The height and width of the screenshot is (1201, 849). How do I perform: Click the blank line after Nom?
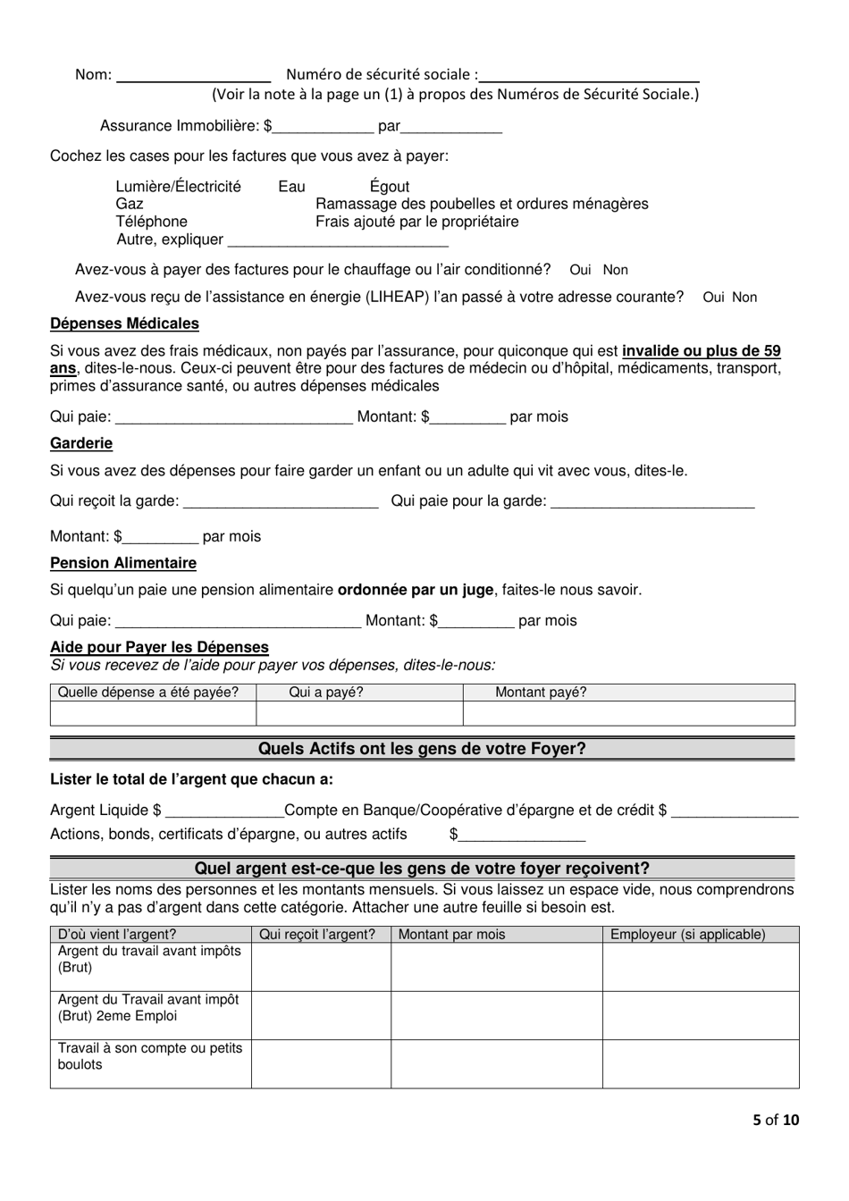tap(194, 77)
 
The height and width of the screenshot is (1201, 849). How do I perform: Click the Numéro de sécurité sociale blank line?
tap(589, 77)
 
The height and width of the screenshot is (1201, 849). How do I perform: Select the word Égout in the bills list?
tap(390, 187)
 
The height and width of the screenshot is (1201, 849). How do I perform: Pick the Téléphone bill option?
tap(151, 222)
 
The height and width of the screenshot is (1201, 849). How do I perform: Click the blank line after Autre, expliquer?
tap(338, 241)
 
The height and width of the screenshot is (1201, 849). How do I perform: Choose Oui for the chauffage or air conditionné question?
tap(580, 270)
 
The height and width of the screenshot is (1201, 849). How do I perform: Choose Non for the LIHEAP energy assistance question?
tap(744, 298)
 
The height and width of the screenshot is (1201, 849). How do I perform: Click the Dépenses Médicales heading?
tap(124, 323)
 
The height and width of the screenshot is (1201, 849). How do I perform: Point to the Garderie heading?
tap(81, 443)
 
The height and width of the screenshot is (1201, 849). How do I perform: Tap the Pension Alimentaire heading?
tap(123, 563)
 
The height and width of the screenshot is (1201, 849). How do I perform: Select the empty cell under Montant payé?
tap(628, 713)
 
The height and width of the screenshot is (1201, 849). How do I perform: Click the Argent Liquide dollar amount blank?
tap(224, 812)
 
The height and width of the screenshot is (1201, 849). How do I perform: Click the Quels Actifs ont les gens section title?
tap(422, 749)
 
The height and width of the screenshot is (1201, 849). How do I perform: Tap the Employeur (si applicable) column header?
tap(687, 935)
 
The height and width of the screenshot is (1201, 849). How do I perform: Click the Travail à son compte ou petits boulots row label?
tap(150, 1056)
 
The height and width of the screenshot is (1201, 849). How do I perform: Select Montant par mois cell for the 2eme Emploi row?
tap(496, 1015)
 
